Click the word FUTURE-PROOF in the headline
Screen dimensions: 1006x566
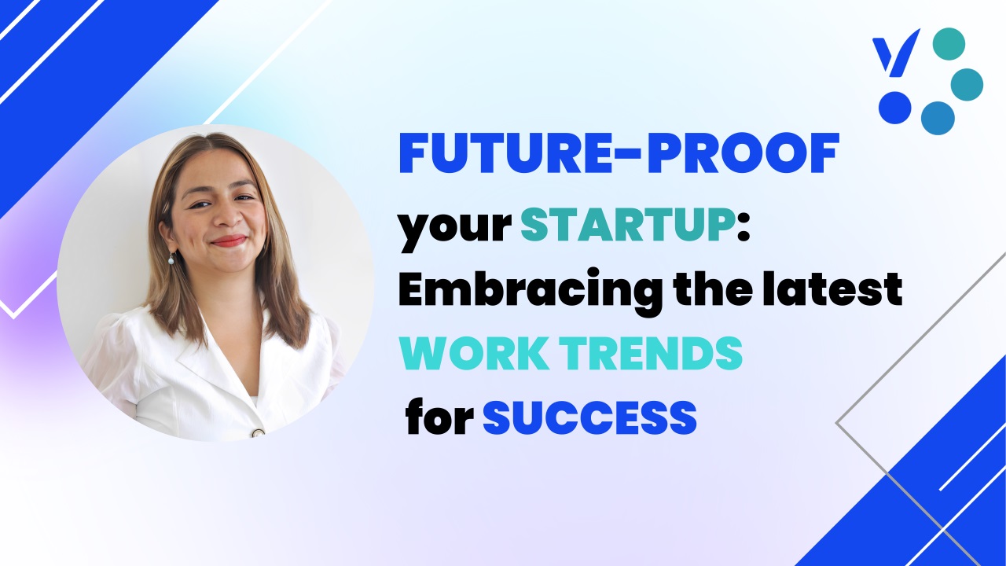point(619,153)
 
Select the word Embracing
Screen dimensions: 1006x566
point(530,292)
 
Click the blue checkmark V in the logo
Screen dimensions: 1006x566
point(895,53)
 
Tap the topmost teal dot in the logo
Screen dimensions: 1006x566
point(949,43)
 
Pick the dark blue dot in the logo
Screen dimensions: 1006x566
point(895,108)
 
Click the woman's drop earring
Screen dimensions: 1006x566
point(171,259)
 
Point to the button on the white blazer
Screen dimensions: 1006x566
point(259,433)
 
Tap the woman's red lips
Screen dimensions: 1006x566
point(229,241)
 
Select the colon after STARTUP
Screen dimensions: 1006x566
point(743,229)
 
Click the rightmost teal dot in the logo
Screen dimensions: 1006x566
point(967,84)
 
